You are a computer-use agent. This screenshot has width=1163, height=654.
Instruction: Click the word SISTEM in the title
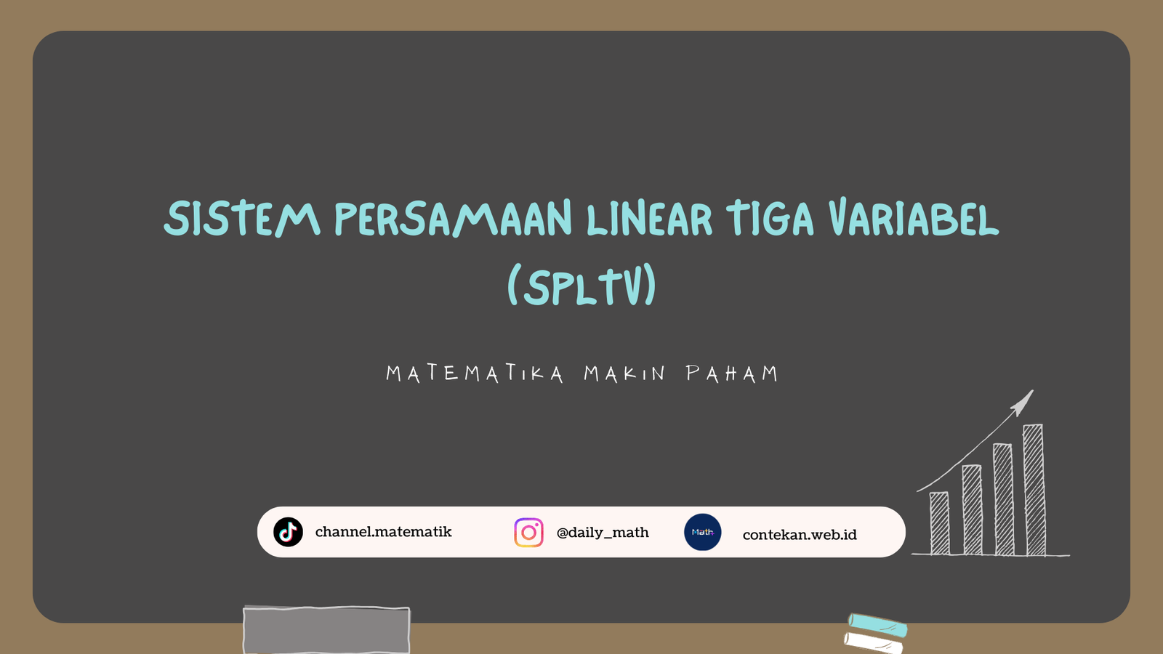[242, 219]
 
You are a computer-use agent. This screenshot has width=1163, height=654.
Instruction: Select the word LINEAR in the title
[649, 218]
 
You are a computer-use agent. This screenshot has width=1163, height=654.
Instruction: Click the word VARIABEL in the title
[914, 217]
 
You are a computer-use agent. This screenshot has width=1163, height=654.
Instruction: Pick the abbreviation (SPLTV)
[582, 285]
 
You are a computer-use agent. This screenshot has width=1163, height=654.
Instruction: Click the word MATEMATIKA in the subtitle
[475, 374]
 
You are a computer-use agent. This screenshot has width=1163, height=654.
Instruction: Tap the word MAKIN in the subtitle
[624, 374]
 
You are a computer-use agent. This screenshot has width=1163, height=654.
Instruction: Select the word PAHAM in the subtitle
[732, 374]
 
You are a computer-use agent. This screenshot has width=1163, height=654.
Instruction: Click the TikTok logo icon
[288, 532]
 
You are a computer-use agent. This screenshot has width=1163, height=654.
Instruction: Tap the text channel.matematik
[384, 532]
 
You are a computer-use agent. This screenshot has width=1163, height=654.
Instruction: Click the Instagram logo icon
[528, 533]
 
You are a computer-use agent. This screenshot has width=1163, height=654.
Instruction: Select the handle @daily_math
[603, 533]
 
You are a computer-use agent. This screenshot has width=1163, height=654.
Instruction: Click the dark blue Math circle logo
[702, 532]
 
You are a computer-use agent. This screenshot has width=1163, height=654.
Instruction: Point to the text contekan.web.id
[800, 535]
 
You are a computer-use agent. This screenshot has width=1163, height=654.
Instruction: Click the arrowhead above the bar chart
[1023, 403]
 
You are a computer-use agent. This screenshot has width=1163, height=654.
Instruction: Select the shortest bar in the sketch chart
[939, 523]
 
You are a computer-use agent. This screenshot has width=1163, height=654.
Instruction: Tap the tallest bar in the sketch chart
[1034, 490]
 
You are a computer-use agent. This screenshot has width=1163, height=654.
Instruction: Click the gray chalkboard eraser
[326, 630]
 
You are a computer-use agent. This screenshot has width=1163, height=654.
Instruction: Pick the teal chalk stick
[877, 625]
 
